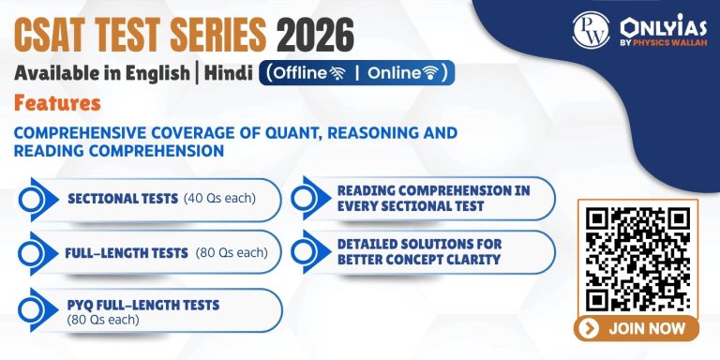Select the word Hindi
click(x=226, y=73)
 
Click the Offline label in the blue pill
click(x=304, y=72)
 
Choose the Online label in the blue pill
click(x=397, y=72)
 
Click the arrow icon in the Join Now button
click(x=590, y=329)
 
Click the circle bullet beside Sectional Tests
click(x=35, y=199)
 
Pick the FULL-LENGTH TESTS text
click(x=127, y=252)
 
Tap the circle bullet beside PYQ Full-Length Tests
click(x=35, y=311)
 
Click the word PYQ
click(x=82, y=305)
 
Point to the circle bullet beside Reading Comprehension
click(x=306, y=199)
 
